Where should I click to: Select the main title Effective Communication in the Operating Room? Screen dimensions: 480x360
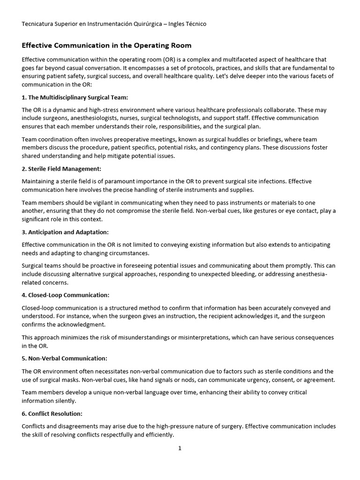tap(107, 45)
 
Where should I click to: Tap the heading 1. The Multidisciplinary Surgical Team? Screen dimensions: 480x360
tap(75, 97)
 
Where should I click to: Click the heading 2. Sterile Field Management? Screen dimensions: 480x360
tap(61, 169)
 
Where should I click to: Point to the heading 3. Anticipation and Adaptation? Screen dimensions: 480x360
tap(65, 232)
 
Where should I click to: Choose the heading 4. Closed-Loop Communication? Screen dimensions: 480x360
tap(66, 295)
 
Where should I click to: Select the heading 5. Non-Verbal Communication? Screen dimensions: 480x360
tap(65, 359)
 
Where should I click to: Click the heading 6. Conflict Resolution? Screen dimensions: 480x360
tap(52, 414)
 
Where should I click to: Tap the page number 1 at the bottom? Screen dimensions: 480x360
tap(180, 448)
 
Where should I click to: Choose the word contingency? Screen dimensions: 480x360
tap(244, 148)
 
